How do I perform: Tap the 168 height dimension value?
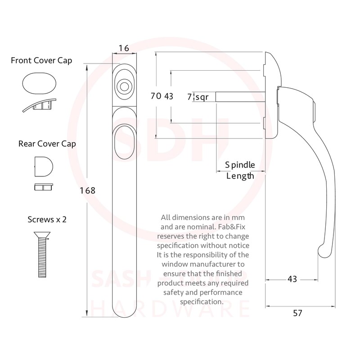coord(88,190)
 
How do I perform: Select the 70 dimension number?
coord(156,96)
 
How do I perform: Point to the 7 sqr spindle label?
coord(198,96)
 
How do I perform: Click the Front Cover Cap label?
coord(41,60)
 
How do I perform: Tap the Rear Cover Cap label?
coord(47,144)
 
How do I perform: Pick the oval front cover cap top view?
coord(39,83)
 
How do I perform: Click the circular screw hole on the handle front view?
coord(122,85)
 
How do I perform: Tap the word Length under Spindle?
coord(240,176)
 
